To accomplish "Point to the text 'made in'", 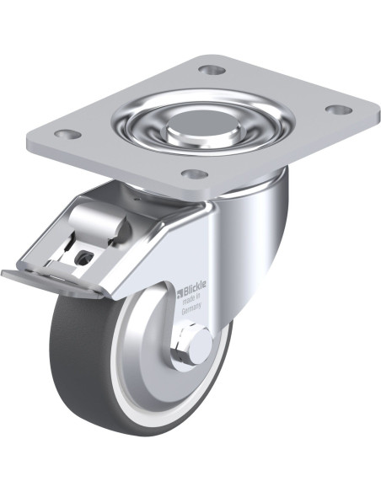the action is [x=191, y=299].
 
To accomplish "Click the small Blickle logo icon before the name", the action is [x=180, y=293].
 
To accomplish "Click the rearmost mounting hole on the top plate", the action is [x=212, y=70].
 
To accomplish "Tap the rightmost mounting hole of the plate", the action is [x=338, y=110].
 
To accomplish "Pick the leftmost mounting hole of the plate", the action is [x=67, y=134].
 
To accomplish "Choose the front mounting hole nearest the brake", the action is [x=195, y=174].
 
